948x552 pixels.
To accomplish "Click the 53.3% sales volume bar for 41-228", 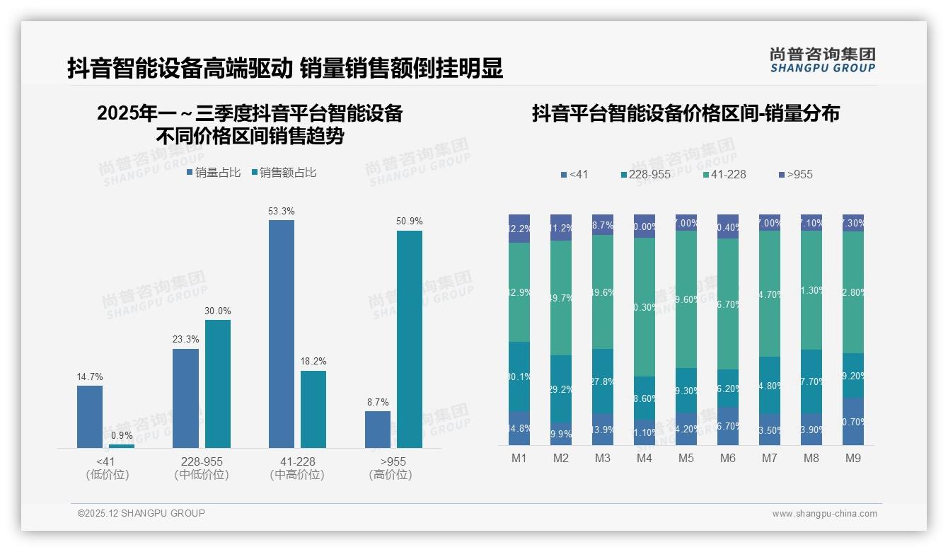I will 282,333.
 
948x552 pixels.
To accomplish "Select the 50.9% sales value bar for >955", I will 410,339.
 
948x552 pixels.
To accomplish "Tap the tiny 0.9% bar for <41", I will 122,446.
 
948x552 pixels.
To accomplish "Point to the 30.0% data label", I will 218,311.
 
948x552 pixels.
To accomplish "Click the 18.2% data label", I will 313,362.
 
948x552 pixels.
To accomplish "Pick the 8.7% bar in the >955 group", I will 378,429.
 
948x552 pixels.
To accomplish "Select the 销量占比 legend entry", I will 214,173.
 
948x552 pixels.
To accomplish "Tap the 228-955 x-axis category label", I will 202,461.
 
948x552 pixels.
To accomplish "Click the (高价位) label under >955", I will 390,475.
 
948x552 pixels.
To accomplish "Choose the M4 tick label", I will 644,459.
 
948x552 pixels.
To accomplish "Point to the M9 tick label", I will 853,459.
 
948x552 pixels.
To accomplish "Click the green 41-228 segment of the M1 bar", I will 519,292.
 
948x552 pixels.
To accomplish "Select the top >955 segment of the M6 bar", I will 728,226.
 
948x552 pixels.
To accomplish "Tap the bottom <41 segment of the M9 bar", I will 853,421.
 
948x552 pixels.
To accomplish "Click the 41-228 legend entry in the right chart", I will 724,175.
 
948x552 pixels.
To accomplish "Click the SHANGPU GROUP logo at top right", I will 822,60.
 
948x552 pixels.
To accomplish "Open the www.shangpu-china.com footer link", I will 824,514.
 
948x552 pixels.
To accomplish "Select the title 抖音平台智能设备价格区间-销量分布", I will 686,113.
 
